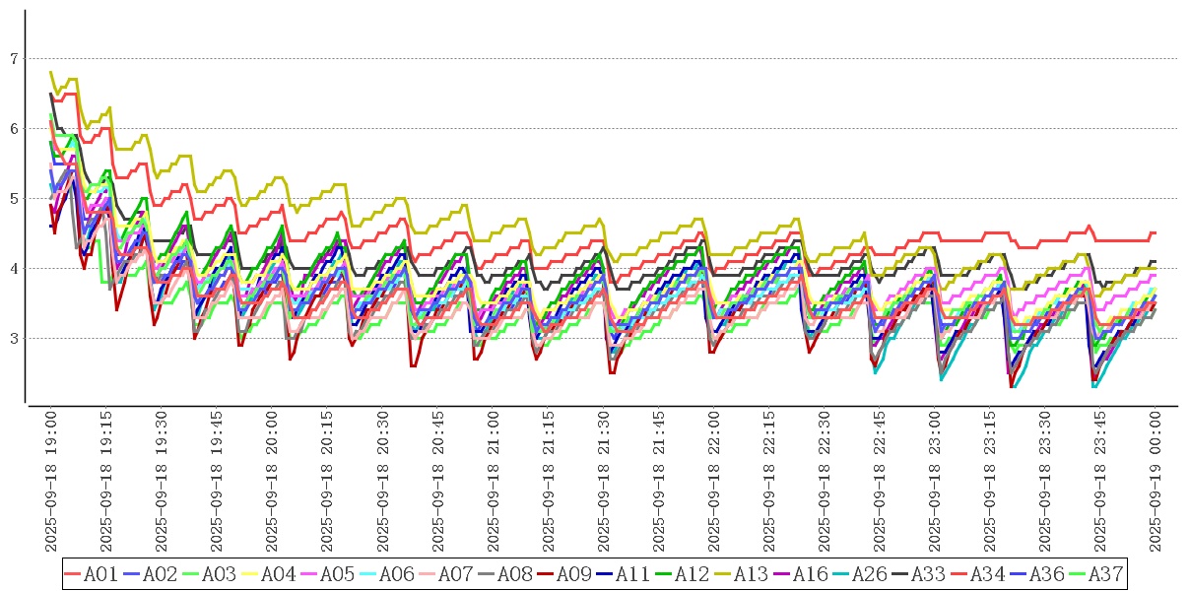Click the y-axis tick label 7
(14, 59)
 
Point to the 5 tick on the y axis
(14, 199)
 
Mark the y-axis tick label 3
(14, 339)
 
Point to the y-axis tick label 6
(14, 129)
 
